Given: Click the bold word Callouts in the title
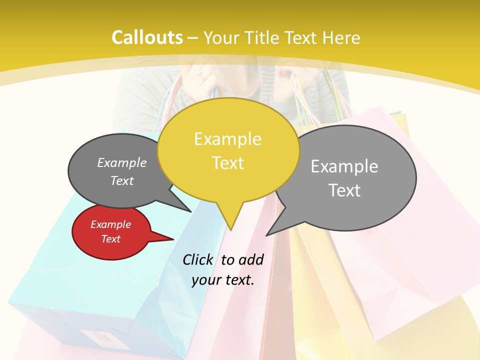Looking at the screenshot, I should point(147,37).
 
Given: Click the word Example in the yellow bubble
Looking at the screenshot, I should point(227,139).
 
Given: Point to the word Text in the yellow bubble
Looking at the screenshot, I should point(227,163).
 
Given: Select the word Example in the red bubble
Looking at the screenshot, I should point(110,224).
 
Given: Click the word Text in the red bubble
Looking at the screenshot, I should point(110,239).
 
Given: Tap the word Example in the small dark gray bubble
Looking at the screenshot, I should point(121,162).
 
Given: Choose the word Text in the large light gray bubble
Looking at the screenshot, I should point(344,190).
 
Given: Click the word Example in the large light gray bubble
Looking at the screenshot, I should point(344,166).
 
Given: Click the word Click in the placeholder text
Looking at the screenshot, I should point(197,259).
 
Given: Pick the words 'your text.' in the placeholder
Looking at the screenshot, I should point(223,280).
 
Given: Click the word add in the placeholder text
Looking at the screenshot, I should point(250,259).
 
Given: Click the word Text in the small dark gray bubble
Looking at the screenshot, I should point(121,180).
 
